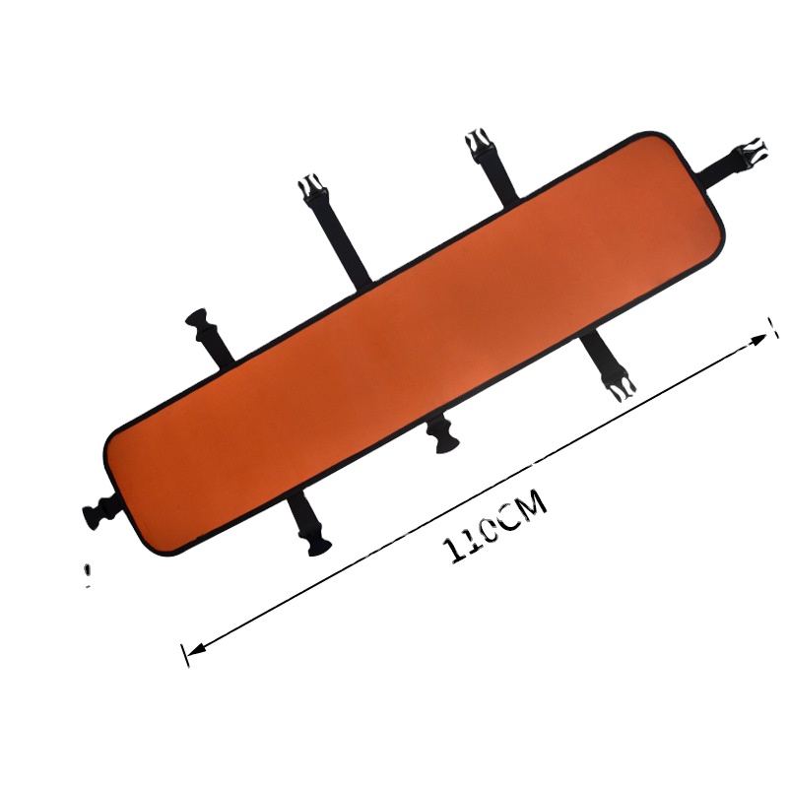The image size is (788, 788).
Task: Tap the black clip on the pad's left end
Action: tap(99, 509)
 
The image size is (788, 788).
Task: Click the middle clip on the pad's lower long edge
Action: tap(441, 434)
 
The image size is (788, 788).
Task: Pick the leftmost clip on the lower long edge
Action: tap(314, 540)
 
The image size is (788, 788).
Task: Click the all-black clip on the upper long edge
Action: tap(200, 323)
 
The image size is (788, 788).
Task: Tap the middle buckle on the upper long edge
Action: tap(311, 187)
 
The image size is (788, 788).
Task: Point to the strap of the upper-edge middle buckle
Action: tap(340, 239)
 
